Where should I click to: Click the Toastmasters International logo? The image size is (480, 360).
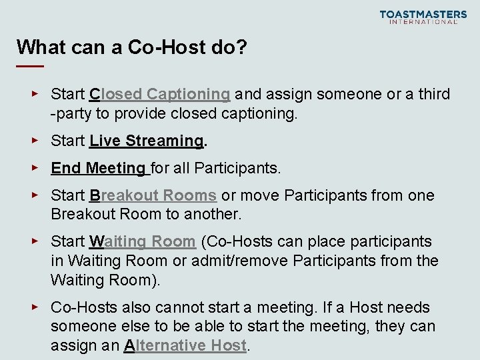pyautogui.click(x=423, y=17)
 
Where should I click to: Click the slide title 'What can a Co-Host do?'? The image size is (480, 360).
pyautogui.click(x=132, y=47)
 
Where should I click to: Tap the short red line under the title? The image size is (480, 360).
pyautogui.click(x=30, y=67)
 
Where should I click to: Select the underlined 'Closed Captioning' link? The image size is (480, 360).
pyautogui.click(x=160, y=94)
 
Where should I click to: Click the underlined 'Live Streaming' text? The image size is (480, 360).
pyautogui.click(x=146, y=141)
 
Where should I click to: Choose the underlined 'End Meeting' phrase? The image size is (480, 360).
pyautogui.click(x=98, y=168)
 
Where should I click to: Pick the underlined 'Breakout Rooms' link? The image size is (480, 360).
pyautogui.click(x=153, y=195)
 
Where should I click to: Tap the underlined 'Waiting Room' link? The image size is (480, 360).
pyautogui.click(x=142, y=241)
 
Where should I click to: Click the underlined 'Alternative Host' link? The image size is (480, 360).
pyautogui.click(x=185, y=345)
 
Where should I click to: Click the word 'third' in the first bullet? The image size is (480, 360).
pyautogui.click(x=434, y=94)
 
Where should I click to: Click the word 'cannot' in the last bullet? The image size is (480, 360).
pyautogui.click(x=181, y=307)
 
